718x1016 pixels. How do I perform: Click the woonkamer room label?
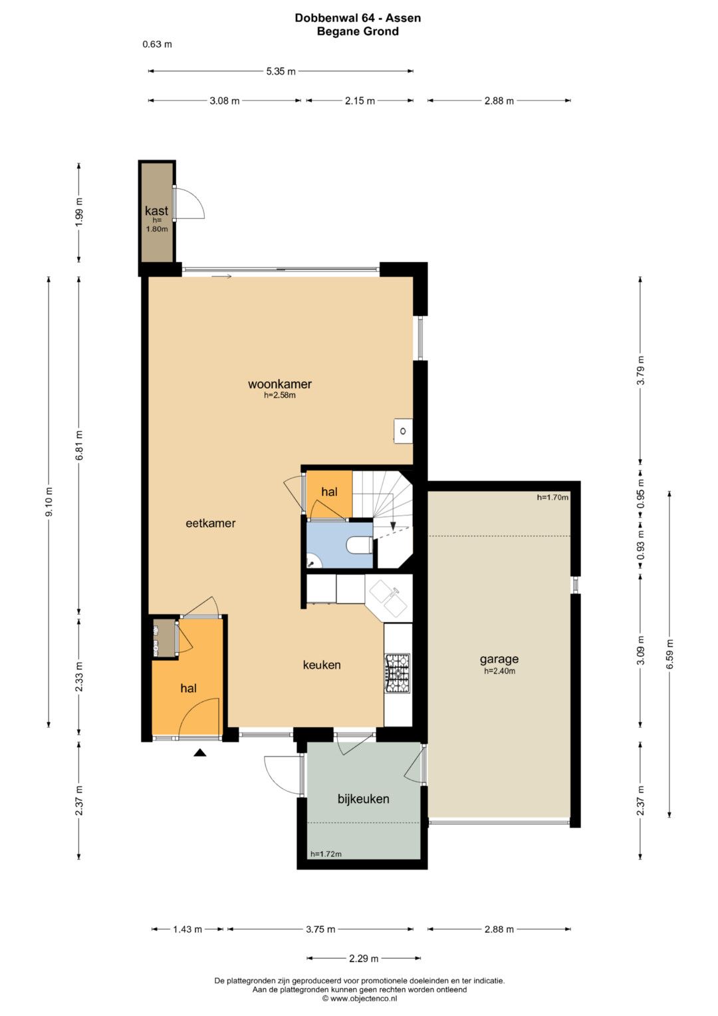(x=280, y=384)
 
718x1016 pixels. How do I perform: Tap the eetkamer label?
(x=210, y=523)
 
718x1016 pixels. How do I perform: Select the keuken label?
(x=322, y=665)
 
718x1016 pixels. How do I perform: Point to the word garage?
(x=499, y=659)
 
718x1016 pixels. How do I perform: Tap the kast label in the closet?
(x=156, y=210)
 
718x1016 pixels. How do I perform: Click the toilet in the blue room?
(x=360, y=545)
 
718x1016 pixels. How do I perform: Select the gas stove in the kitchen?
(x=398, y=673)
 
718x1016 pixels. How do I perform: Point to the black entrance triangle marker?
(x=200, y=753)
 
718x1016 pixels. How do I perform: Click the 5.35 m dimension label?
(x=281, y=71)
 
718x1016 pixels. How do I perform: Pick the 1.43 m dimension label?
(x=187, y=930)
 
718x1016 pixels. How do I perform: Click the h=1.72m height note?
(x=326, y=854)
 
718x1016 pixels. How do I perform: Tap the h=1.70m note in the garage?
(x=552, y=497)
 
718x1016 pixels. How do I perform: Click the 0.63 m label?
(x=158, y=45)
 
